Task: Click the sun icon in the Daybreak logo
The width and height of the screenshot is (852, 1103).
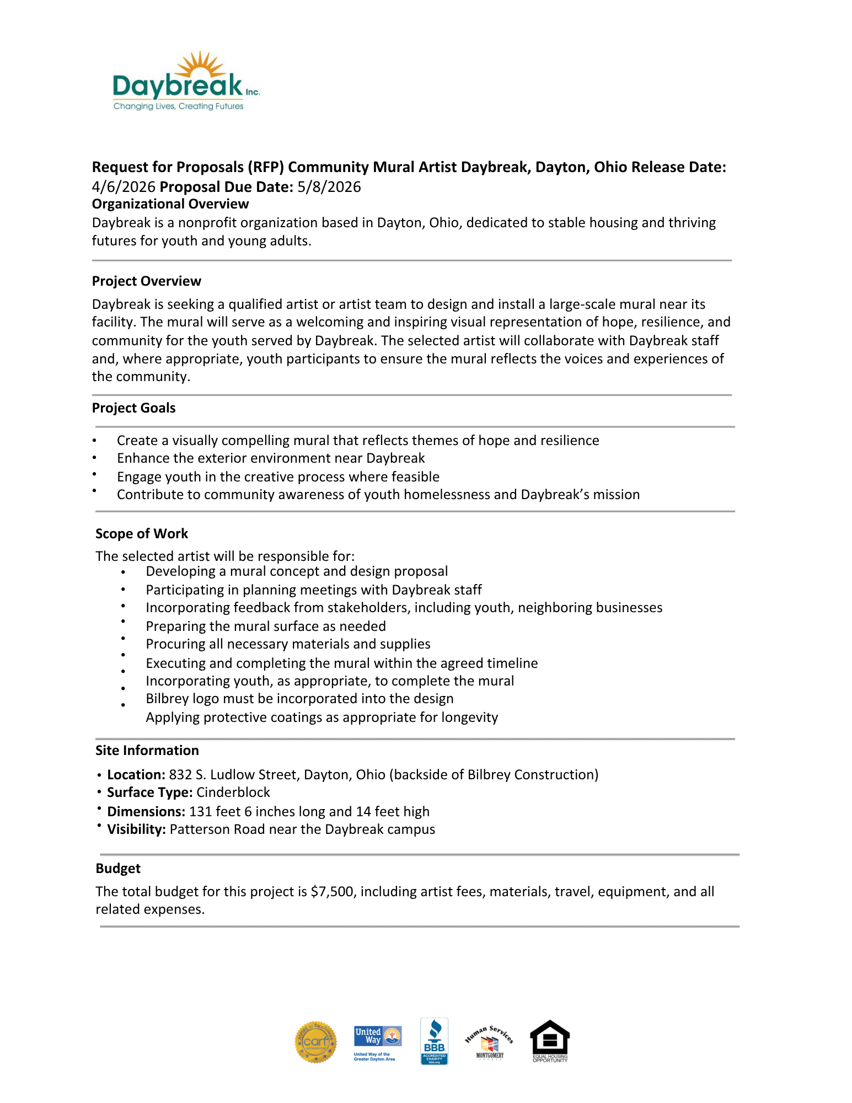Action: coord(200,65)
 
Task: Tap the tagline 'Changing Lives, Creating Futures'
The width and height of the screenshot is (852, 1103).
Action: coord(178,106)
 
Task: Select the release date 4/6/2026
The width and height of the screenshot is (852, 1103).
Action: coord(124,187)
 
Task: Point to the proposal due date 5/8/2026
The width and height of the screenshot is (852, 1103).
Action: coord(329,187)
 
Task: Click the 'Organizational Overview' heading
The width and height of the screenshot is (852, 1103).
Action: coord(170,204)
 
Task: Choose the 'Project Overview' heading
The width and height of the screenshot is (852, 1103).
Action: coord(146,281)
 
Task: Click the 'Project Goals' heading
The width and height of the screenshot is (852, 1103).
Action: coord(133,408)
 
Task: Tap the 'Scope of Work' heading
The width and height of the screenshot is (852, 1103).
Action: coord(142,534)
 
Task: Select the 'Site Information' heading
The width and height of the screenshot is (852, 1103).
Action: coord(147,751)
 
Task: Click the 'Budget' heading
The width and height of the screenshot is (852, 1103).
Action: coord(118,869)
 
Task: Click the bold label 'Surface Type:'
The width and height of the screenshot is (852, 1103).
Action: coord(149,793)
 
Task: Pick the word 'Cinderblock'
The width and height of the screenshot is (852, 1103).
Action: coord(233,793)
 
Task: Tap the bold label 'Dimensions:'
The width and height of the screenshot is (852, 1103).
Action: coord(146,812)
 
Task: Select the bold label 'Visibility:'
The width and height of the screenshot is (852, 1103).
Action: coord(136,829)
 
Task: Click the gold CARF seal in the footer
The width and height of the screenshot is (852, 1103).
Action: coord(315,1042)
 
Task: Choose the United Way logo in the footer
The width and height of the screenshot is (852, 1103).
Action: coord(377,1042)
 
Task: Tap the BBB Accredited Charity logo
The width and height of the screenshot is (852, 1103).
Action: coord(434,1041)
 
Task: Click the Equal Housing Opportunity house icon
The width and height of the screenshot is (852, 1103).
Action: coord(549,1040)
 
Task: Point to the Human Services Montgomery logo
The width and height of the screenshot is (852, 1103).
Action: coord(490,1042)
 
